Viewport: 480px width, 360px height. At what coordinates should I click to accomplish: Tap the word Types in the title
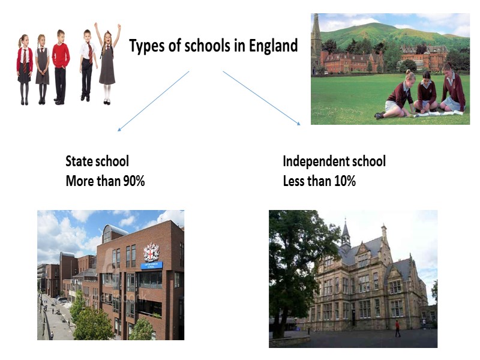pyautogui.click(x=146, y=46)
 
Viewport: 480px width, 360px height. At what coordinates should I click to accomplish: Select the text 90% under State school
pyautogui.click(x=132, y=181)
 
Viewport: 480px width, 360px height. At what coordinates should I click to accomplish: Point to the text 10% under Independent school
pyautogui.click(x=344, y=181)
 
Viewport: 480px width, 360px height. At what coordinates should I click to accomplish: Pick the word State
pyautogui.click(x=79, y=161)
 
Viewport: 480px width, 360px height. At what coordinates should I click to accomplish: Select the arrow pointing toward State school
pyautogui.click(x=154, y=100)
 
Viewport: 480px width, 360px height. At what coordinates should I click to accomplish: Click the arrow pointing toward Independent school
pyautogui.click(x=262, y=98)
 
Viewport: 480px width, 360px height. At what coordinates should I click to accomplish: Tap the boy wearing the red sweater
pyautogui.click(x=60, y=65)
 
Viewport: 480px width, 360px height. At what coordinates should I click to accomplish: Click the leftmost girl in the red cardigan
pyautogui.click(x=24, y=69)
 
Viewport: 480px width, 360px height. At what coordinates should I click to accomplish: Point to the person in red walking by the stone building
pyautogui.click(x=397, y=328)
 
